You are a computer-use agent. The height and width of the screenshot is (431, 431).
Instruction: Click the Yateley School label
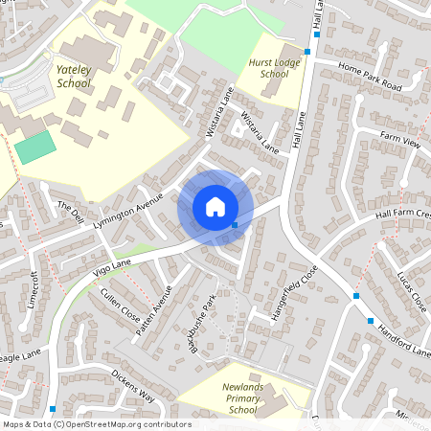tap(73, 77)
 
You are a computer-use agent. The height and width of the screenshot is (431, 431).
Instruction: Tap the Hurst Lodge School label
tap(267, 67)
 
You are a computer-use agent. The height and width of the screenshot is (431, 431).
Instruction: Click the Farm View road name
tap(400, 142)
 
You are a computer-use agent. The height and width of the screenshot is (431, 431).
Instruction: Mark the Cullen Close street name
tap(117, 306)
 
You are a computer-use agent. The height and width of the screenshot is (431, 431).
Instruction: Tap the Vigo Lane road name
tap(114, 269)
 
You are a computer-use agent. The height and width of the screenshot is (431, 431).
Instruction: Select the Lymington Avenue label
tap(129, 215)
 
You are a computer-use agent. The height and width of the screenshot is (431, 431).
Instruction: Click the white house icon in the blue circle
tap(215, 207)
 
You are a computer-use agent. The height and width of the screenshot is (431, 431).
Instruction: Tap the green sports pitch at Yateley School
tap(35, 147)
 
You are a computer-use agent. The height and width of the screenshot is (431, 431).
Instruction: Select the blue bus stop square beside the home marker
tap(236, 225)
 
